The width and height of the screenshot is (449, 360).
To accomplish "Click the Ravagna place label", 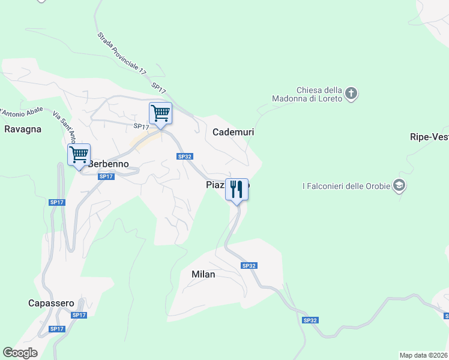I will click(x=23, y=129).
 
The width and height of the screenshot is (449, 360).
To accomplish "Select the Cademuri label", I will click(x=234, y=132).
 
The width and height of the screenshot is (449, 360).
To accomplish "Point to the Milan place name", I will click(x=203, y=274).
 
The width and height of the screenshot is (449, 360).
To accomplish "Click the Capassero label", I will click(x=51, y=303).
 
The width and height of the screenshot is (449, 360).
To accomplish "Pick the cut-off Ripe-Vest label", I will click(x=429, y=137).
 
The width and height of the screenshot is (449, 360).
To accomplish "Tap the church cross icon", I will click(x=352, y=94).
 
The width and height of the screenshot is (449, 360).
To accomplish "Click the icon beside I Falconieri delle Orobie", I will click(x=399, y=185).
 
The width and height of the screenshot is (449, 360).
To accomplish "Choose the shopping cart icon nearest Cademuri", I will click(x=160, y=113).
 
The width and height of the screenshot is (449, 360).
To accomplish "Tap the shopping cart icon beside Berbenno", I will click(x=79, y=155).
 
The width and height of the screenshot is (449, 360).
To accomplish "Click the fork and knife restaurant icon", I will click(x=237, y=189).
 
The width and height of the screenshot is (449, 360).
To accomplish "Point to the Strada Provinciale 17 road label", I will click(x=122, y=53).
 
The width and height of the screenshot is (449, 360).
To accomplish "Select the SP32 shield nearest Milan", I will click(x=249, y=265).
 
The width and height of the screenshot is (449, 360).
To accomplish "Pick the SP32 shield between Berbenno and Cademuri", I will click(x=184, y=156).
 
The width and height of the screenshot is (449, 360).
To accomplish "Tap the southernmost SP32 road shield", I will click(x=310, y=320).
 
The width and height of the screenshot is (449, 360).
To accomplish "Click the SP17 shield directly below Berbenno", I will click(x=106, y=176).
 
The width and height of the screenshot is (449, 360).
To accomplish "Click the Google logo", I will click(x=20, y=353).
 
